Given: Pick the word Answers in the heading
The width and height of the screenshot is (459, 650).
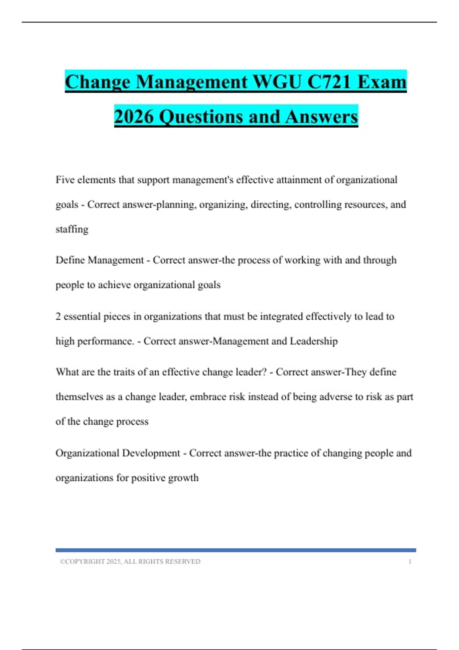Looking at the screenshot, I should click(321, 117).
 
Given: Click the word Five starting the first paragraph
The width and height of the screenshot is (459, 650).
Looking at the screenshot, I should click(65, 180).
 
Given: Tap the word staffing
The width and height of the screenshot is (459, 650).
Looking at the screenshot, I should click(72, 229).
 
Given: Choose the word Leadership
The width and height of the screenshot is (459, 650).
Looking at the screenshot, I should click(314, 341).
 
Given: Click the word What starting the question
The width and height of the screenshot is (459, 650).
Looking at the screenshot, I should click(67, 372).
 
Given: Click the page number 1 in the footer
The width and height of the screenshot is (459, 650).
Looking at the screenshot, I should click(410, 562).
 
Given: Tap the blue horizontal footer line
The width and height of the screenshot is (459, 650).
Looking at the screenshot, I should click(236, 550).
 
